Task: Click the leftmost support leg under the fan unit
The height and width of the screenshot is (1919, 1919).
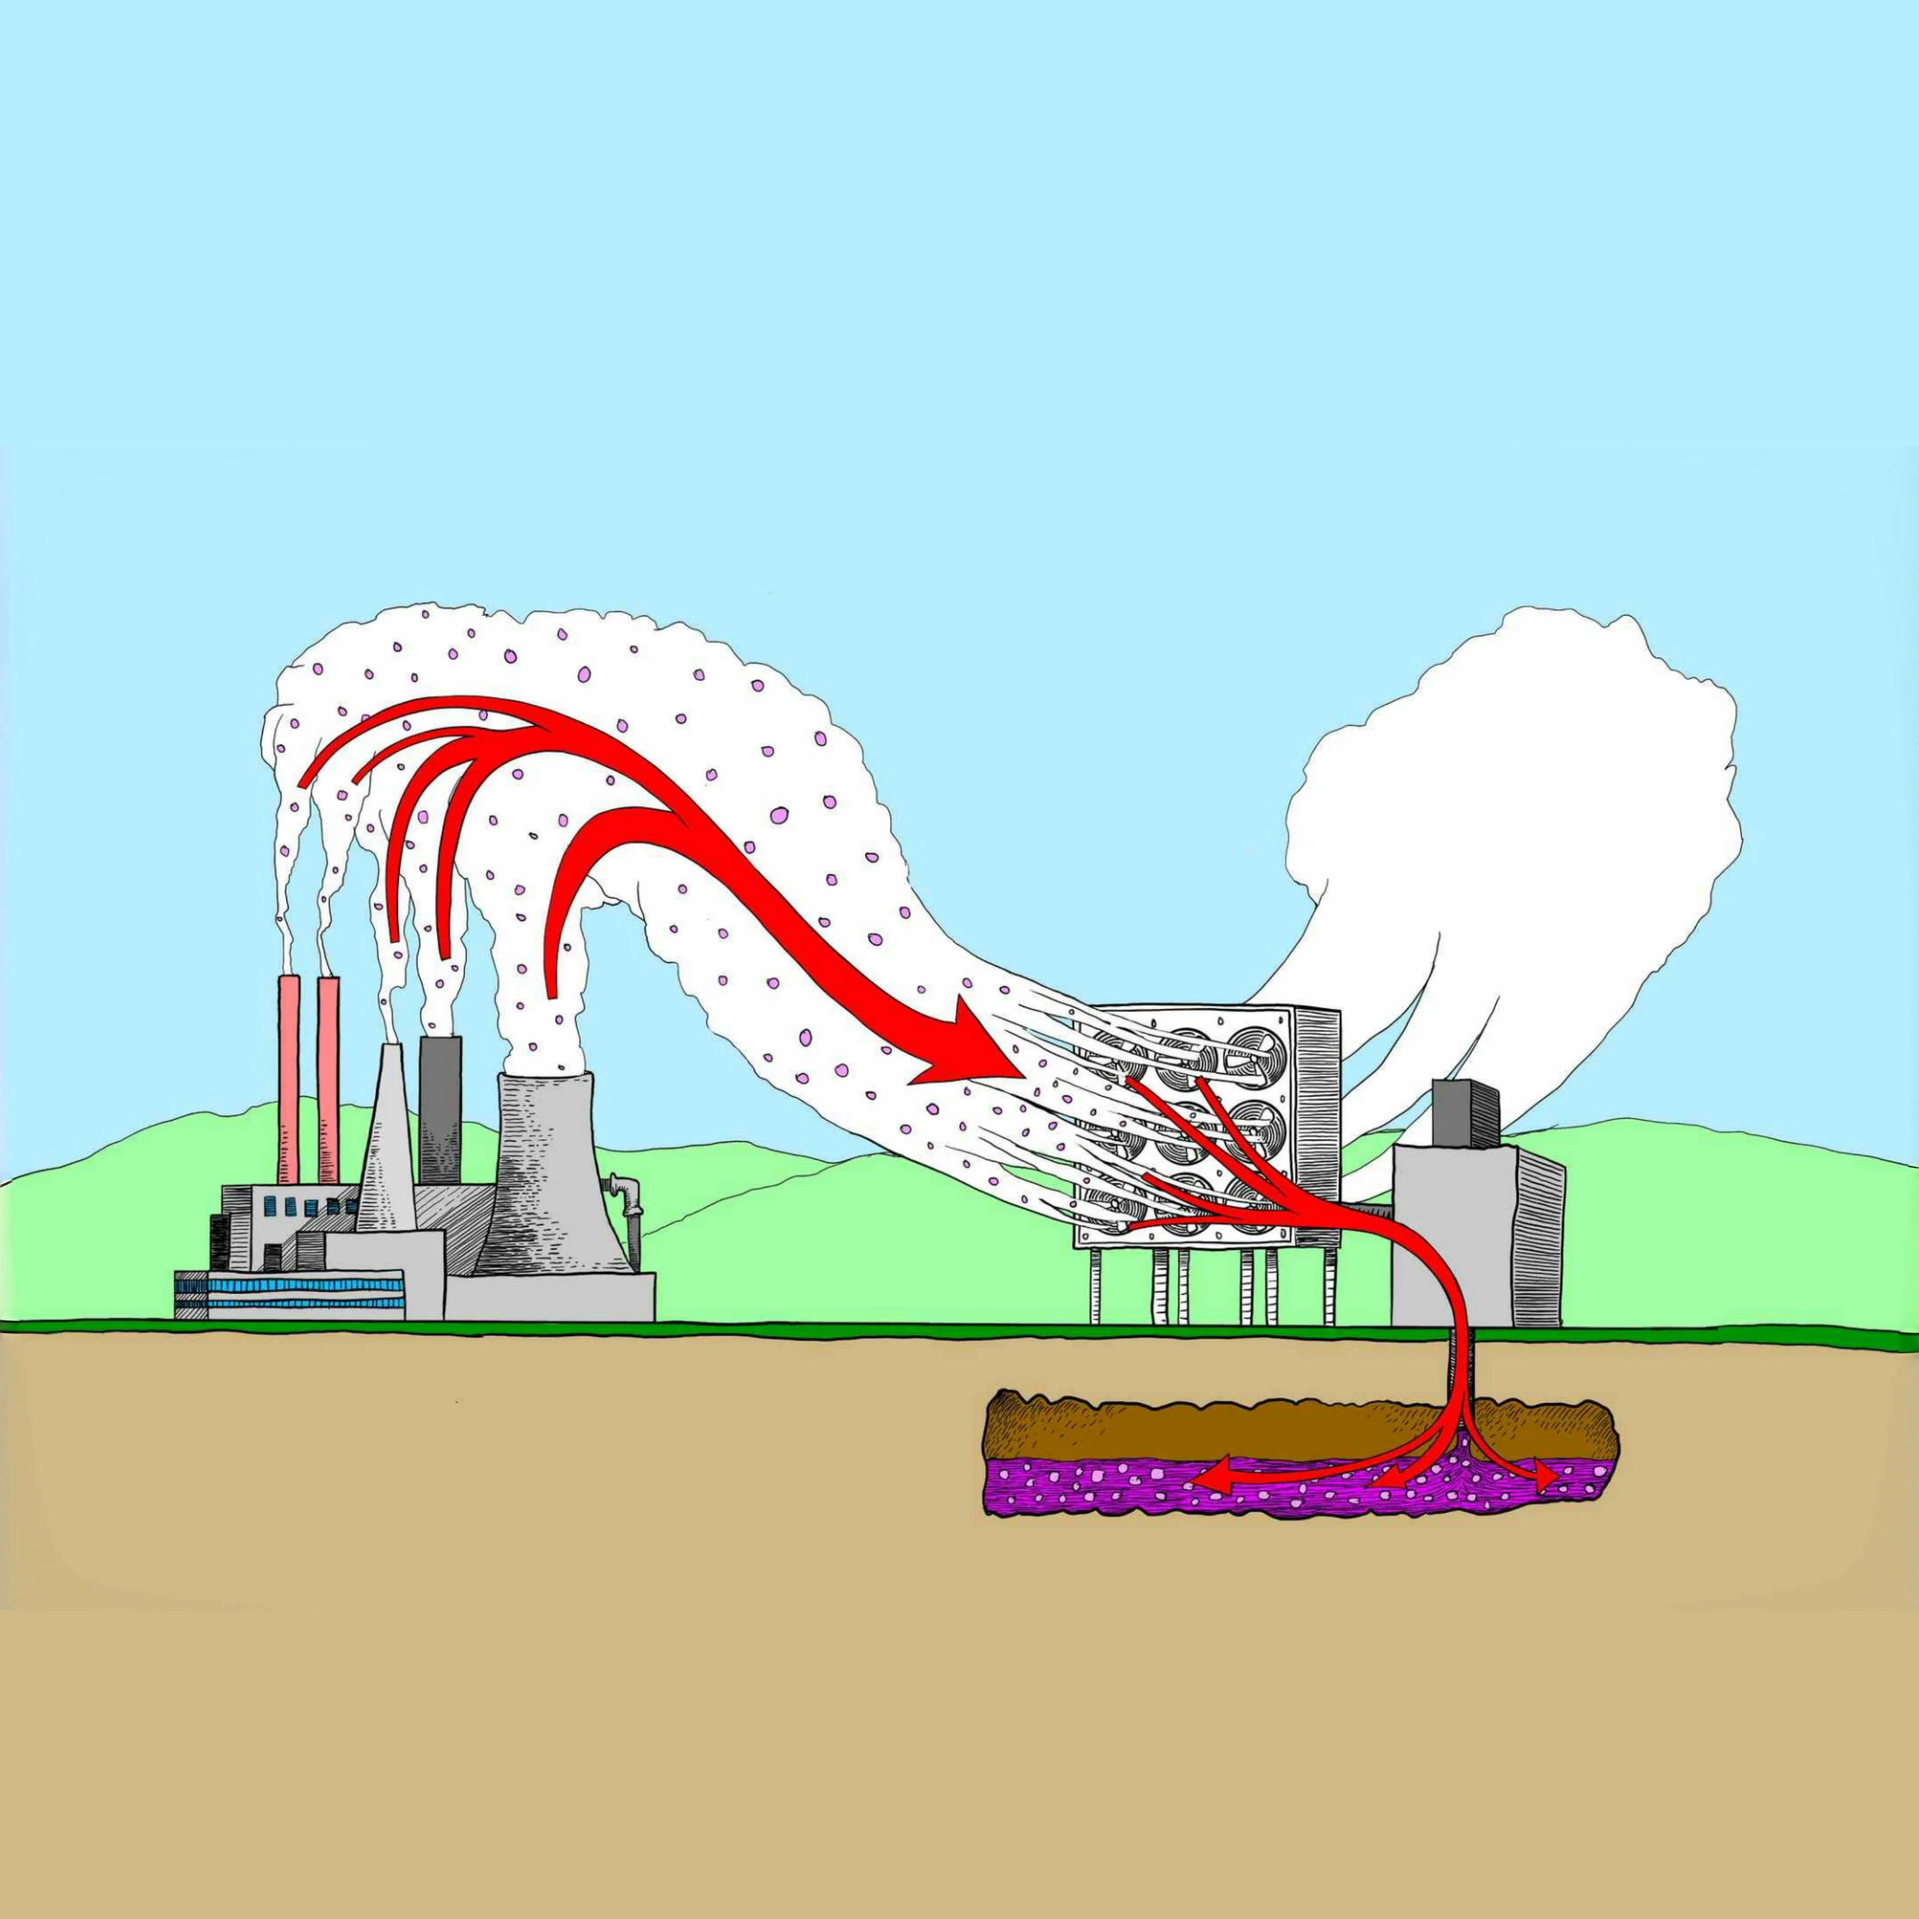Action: pos(1095,1286)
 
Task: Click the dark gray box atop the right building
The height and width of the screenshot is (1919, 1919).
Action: pos(1465,1112)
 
